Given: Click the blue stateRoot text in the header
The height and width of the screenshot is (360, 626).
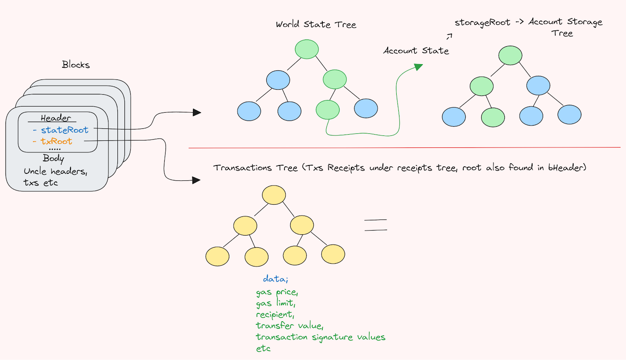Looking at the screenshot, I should pyautogui.click(x=65, y=130).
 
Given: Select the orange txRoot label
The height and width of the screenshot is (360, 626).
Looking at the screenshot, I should pyautogui.click(x=56, y=141).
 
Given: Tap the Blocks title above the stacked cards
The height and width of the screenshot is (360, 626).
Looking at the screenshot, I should pyautogui.click(x=76, y=65).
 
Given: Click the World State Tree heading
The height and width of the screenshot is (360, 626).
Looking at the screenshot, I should pyautogui.click(x=316, y=24).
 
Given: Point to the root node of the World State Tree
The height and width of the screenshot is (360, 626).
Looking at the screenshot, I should pyautogui.click(x=307, y=49).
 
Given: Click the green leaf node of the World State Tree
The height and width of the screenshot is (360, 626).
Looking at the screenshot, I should pyautogui.click(x=327, y=110).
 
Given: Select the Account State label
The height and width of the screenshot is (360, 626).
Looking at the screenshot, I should pyautogui.click(x=416, y=50).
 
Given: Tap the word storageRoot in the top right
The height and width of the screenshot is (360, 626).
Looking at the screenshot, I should pyautogui.click(x=482, y=23).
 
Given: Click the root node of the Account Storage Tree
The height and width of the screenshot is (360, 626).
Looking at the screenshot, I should pyautogui.click(x=510, y=55).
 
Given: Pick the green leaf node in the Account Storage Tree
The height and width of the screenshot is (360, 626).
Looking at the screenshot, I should pyautogui.click(x=493, y=117).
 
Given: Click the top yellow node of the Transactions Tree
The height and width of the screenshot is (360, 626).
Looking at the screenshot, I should pyautogui.click(x=274, y=195).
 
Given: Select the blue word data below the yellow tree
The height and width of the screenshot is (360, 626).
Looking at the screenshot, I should pyautogui.click(x=275, y=279).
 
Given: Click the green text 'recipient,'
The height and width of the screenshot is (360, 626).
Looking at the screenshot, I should pyautogui.click(x=275, y=314).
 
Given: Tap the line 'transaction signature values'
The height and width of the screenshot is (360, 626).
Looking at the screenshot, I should pyautogui.click(x=320, y=337).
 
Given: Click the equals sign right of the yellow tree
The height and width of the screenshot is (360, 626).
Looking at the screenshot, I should pyautogui.click(x=376, y=225).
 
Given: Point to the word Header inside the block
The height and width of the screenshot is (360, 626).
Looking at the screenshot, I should pyautogui.click(x=56, y=118).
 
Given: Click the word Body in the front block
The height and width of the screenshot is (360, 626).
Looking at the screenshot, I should pyautogui.click(x=53, y=158).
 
